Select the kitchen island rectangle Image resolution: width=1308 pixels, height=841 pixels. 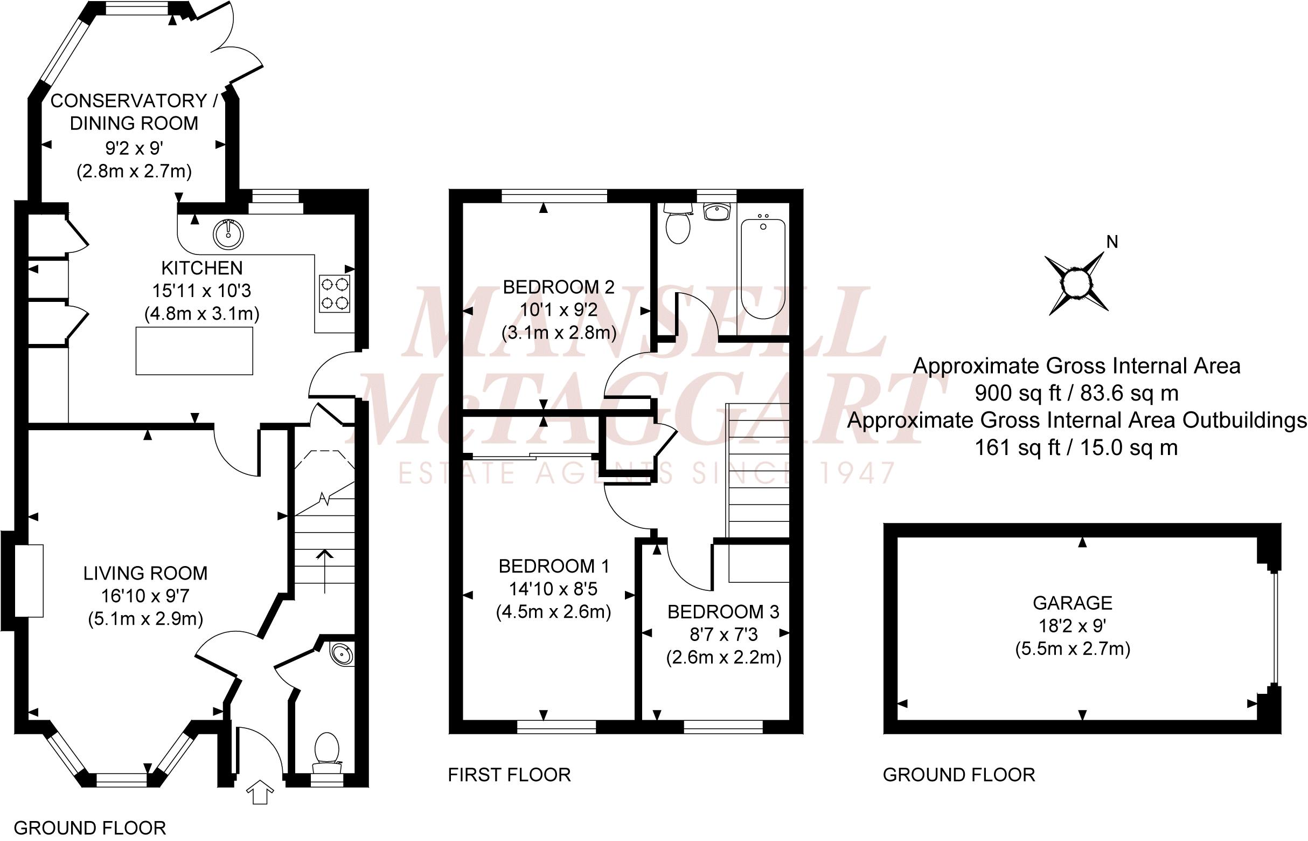(x=194, y=350)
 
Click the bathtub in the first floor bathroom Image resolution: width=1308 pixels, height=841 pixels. (x=763, y=268)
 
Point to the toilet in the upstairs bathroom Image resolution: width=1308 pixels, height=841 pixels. (x=678, y=225)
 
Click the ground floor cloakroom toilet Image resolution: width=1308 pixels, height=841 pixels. (x=326, y=751)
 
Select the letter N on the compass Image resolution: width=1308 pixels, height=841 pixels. (x=1111, y=242)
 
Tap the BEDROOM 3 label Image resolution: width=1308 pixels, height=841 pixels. (x=723, y=612)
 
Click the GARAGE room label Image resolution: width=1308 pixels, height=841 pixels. (x=1072, y=603)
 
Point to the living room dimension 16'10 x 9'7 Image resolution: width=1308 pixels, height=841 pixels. (x=145, y=596)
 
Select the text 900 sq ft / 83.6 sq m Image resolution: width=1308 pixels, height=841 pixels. (x=1077, y=392)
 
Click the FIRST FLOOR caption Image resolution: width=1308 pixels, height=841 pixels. (x=509, y=774)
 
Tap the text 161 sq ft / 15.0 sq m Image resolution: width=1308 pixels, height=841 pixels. (x=1077, y=448)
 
